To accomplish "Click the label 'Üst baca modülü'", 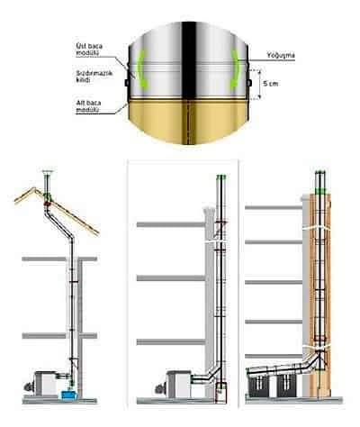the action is coord(89,50).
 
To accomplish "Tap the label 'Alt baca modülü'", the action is coord(88,106).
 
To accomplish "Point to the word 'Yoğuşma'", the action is coord(281,55).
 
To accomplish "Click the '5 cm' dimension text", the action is coord(270,84).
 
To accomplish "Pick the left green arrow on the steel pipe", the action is coord(141,68).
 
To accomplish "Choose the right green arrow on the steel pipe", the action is coord(235,68).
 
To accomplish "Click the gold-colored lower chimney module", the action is coord(188,120).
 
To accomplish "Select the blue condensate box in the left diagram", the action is coord(68,395).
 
